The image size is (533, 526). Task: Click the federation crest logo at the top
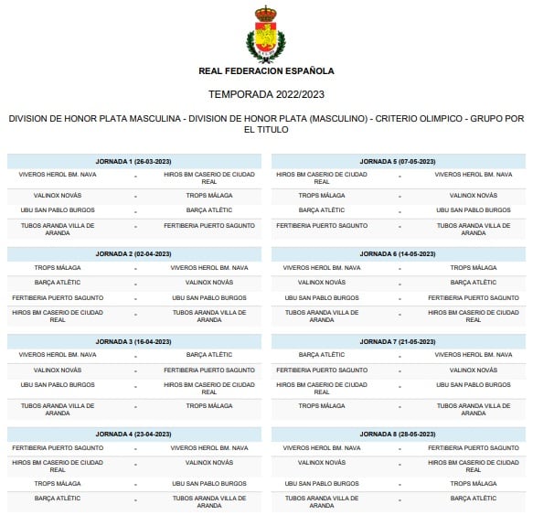(266, 33)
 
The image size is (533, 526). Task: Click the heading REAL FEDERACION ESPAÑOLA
(266, 70)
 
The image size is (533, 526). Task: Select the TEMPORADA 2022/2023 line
(266, 94)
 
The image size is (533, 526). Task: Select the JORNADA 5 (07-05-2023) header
(398, 161)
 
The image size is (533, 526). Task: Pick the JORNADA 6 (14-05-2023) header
(398, 253)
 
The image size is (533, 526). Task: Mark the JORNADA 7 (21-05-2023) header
(398, 341)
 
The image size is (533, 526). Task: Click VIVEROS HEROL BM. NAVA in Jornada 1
(58, 174)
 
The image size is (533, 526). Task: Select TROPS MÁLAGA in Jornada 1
(209, 195)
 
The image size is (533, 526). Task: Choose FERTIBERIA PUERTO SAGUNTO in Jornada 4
(58, 447)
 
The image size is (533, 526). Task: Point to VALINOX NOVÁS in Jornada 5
(474, 195)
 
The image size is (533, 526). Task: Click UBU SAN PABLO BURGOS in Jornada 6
(318, 297)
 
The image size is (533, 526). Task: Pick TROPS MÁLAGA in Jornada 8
(474, 482)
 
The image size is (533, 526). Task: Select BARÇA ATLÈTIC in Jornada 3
(209, 354)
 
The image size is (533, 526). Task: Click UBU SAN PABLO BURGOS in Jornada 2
(209, 297)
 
